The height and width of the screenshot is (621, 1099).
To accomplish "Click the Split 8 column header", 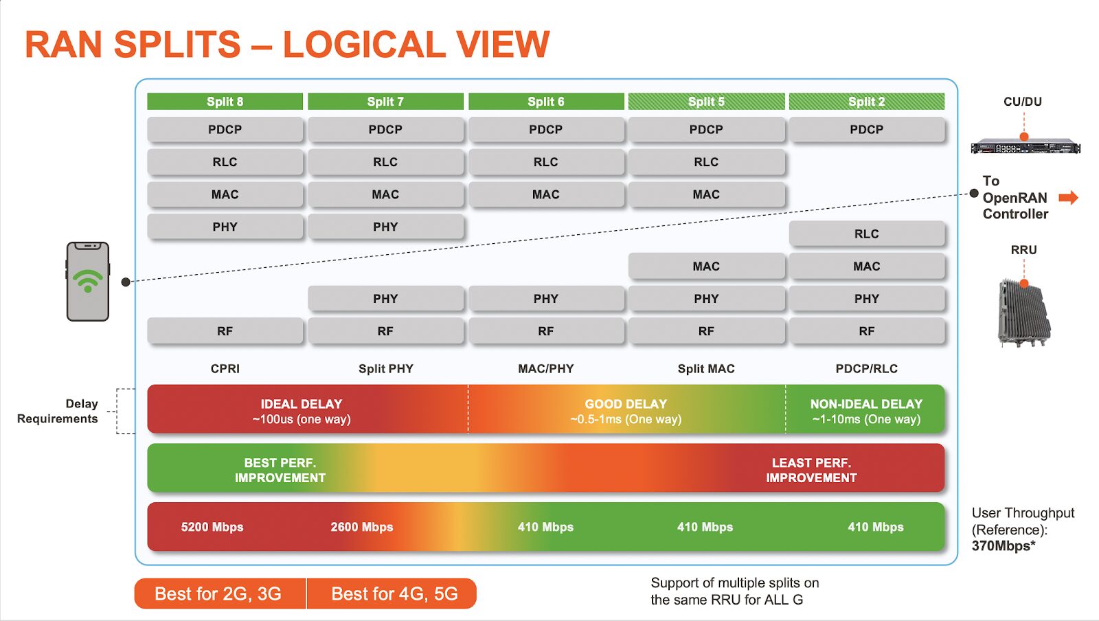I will pyautogui.click(x=225, y=102).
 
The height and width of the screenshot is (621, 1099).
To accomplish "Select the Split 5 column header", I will pyautogui.click(x=706, y=102).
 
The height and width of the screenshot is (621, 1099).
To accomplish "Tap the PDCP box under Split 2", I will pyautogui.click(x=866, y=129).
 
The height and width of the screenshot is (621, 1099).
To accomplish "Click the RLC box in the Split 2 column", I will pyautogui.click(x=866, y=234).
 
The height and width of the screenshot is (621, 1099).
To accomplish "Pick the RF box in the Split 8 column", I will pyautogui.click(x=225, y=331).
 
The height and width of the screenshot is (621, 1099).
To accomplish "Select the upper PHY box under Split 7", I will pyautogui.click(x=385, y=227).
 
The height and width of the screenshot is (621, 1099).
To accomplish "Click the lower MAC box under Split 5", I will pyautogui.click(x=706, y=266).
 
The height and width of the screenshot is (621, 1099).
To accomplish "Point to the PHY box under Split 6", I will pyautogui.click(x=545, y=299).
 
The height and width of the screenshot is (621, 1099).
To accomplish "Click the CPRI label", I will pyautogui.click(x=225, y=369).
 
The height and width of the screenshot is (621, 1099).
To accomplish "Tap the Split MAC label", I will pyautogui.click(x=706, y=369).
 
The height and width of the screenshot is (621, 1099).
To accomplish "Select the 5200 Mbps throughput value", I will pyautogui.click(x=212, y=527).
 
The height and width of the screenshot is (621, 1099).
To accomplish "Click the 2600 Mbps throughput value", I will pyautogui.click(x=362, y=527).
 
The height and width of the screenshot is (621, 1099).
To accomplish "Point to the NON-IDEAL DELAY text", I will pyautogui.click(x=866, y=404).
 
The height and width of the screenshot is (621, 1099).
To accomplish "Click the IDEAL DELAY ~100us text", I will pyautogui.click(x=302, y=411).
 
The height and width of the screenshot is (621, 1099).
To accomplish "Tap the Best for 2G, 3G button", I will pyautogui.click(x=218, y=594).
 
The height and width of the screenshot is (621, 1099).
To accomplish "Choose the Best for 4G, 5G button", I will pyautogui.click(x=394, y=594).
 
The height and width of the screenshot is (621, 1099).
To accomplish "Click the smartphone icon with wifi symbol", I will pyautogui.click(x=88, y=281).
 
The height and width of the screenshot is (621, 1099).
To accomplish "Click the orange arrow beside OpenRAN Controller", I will pyautogui.click(x=1068, y=198).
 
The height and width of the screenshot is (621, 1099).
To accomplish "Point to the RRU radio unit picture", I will pyautogui.click(x=1023, y=313).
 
